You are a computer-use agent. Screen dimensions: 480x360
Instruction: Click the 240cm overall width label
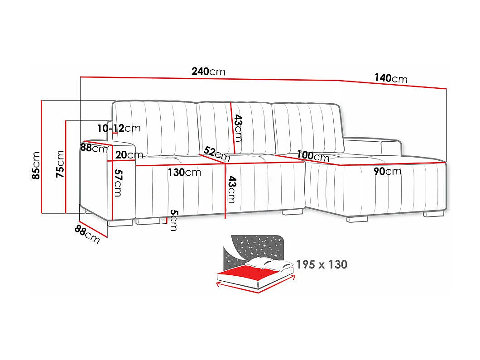pyautogui.click(x=208, y=72)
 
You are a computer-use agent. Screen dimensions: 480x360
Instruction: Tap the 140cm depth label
pyautogui.click(x=390, y=78)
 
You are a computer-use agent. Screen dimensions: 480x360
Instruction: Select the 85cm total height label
pyautogui.click(x=36, y=165)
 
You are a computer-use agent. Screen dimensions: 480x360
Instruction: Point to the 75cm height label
pyautogui.click(x=60, y=163)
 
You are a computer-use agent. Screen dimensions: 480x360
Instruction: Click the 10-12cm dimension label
pyautogui.click(x=119, y=128)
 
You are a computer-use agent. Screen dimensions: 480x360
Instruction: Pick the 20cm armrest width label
pyautogui.click(x=126, y=155)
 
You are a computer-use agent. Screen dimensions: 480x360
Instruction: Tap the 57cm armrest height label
pyautogui.click(x=117, y=182)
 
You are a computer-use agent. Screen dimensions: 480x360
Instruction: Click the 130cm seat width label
pyautogui.click(x=184, y=172)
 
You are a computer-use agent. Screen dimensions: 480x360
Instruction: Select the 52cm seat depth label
pyautogui.click(x=217, y=154)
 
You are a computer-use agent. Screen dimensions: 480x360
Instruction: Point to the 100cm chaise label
pyautogui.click(x=313, y=156)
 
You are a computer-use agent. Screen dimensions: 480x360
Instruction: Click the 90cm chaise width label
pyautogui.click(x=387, y=171)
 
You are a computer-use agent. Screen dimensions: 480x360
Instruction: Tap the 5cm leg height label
pyautogui.click(x=173, y=221)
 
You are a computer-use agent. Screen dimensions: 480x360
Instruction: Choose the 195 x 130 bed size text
pyautogui.click(x=322, y=264)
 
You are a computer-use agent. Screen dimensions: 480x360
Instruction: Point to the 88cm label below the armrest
pyautogui.click(x=87, y=234)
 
